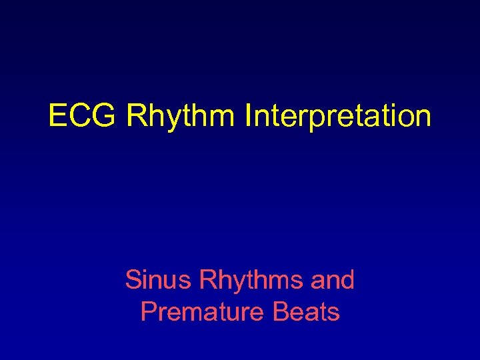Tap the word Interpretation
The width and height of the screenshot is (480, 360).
pos(338,116)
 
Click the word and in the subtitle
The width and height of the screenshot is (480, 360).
pos(333,280)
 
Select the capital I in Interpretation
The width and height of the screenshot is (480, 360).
pos(248,116)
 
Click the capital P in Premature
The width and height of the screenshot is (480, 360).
pos(147,311)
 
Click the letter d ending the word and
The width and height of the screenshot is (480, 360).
pos(347,280)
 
